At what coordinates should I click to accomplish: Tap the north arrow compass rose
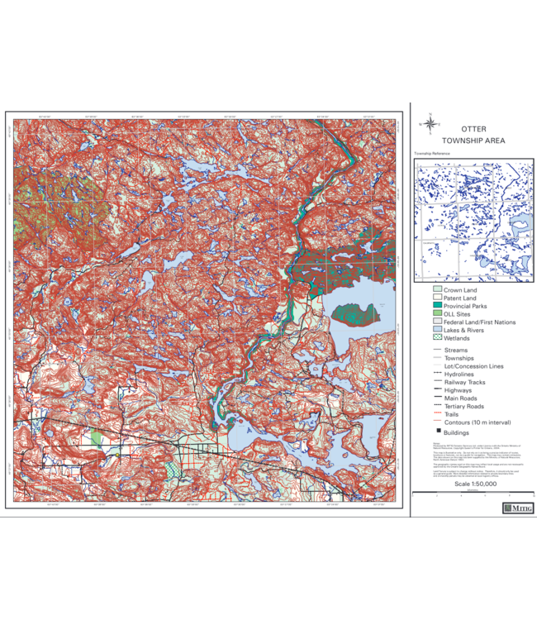click(430, 124)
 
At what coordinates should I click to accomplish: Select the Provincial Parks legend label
click(468, 307)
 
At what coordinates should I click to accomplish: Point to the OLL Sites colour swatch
click(437, 314)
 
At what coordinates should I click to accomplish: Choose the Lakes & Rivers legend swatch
click(437, 330)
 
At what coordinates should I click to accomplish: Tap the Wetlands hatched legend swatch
click(437, 338)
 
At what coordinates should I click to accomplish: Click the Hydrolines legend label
click(460, 374)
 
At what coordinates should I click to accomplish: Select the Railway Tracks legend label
click(465, 383)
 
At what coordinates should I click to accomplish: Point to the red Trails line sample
click(437, 414)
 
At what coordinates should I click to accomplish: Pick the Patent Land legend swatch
click(437, 298)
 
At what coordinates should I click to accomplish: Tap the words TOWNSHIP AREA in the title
click(474, 141)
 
